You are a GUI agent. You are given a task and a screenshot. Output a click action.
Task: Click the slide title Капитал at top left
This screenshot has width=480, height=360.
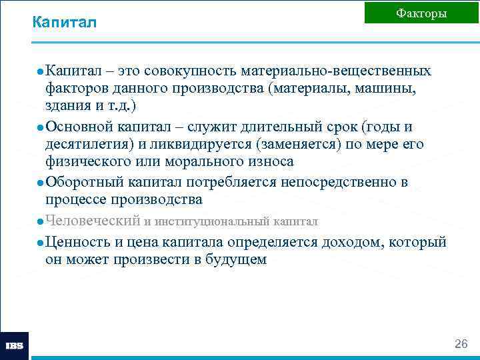coord(64,23)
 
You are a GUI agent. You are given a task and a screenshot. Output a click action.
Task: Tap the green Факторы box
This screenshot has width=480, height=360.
coord(421,13)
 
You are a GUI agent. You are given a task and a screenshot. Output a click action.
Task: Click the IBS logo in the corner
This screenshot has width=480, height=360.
coord(14,346)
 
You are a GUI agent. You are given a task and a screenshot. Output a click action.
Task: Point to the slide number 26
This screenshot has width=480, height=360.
coord(461,344)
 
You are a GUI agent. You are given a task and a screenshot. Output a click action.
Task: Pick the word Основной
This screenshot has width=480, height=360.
coord(80,127)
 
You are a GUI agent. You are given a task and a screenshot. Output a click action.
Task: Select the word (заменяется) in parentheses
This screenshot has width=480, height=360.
coord(297,144)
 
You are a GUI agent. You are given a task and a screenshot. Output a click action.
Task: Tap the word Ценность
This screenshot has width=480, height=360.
coord(76,242)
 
